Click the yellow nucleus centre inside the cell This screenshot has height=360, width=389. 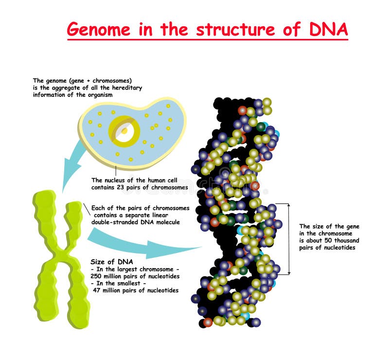(x=124, y=130)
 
